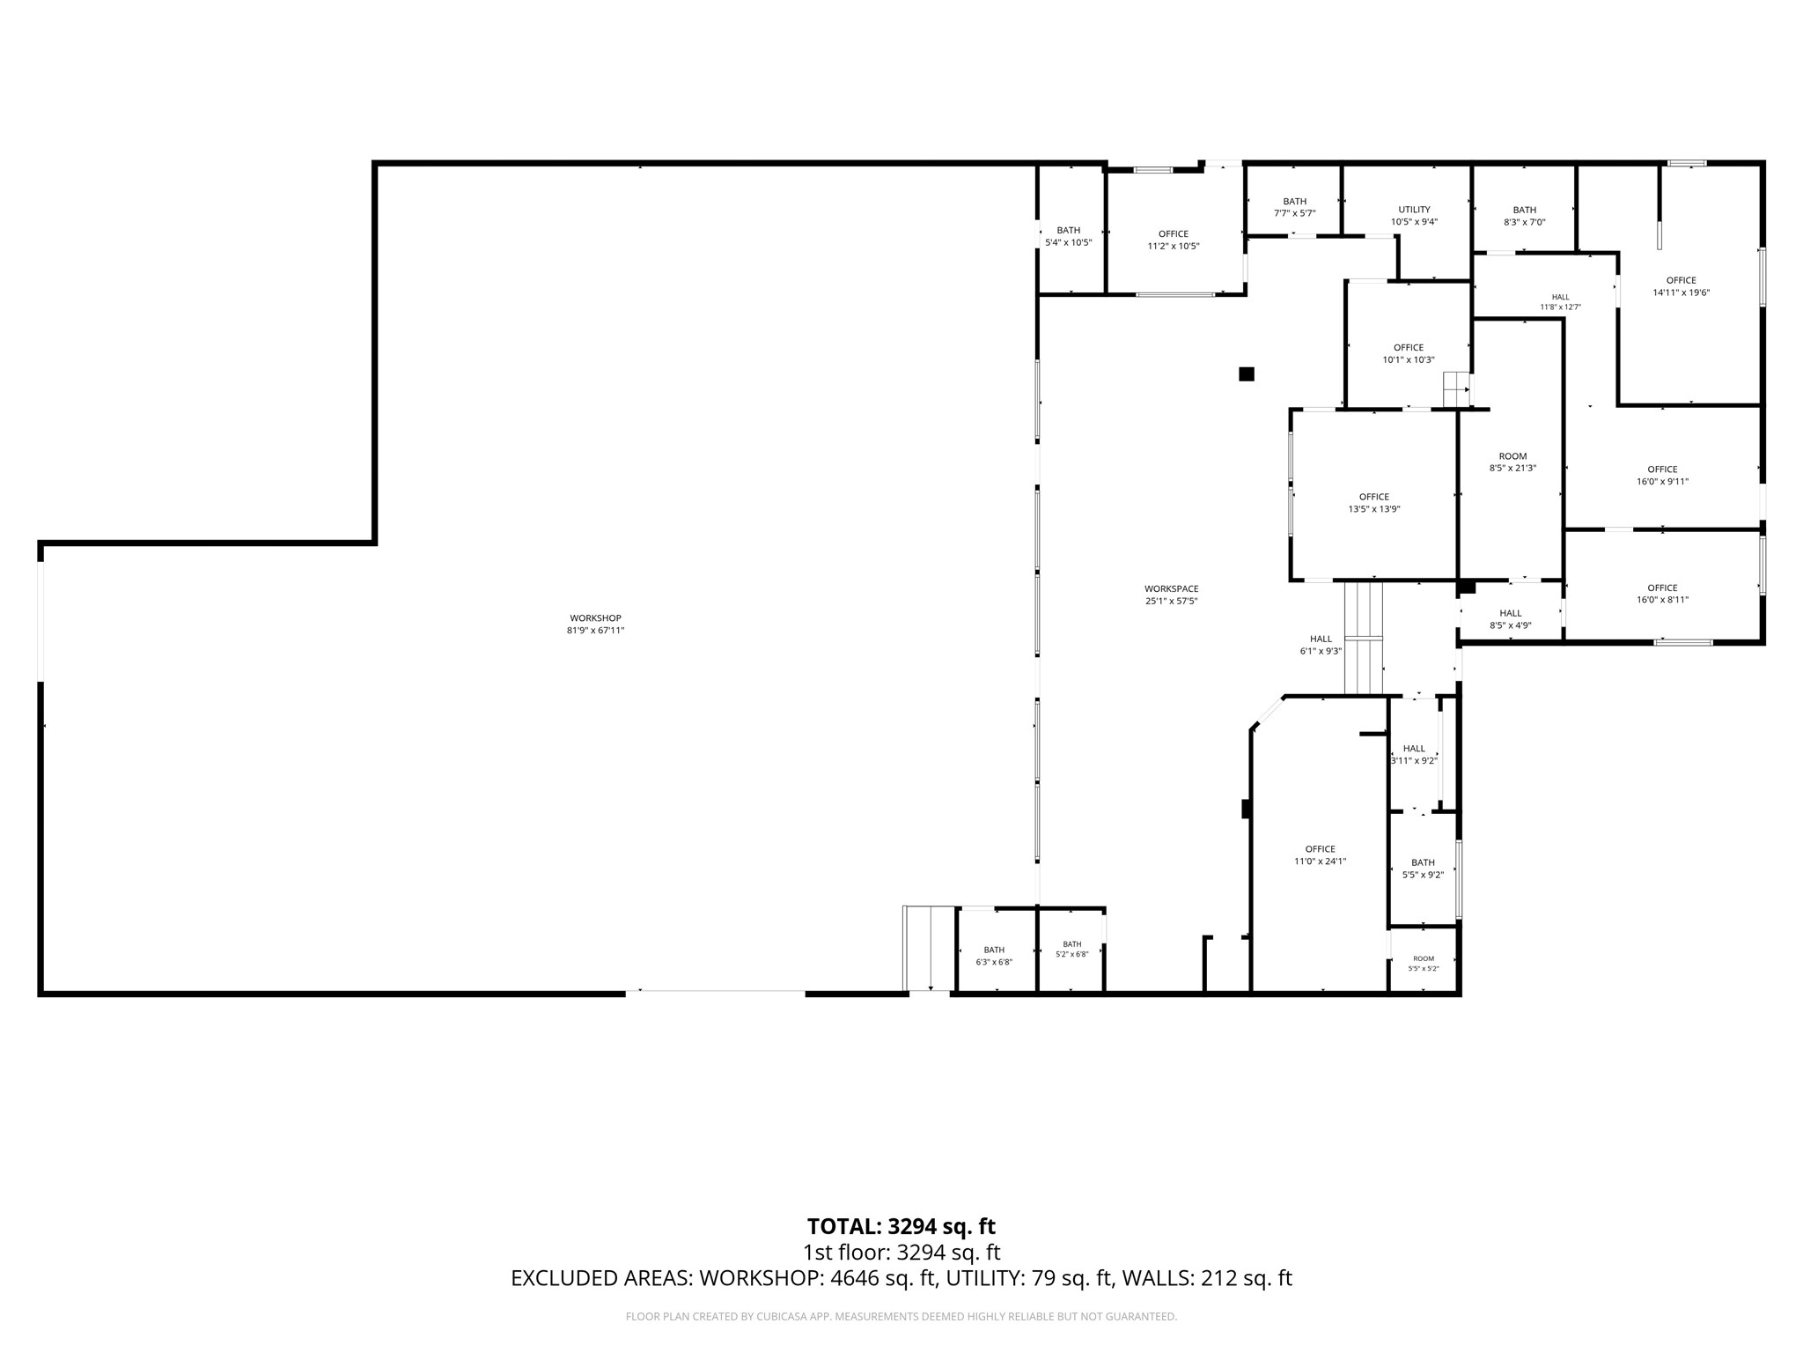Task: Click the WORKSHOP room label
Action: pyautogui.click(x=595, y=618)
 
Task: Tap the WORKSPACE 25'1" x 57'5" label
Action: pyautogui.click(x=1171, y=595)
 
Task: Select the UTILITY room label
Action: pyautogui.click(x=1414, y=210)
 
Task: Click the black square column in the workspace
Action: pyautogui.click(x=1246, y=374)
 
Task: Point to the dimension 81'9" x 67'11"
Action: pyautogui.click(x=595, y=631)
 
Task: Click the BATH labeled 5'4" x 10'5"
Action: pyautogui.click(x=1068, y=236)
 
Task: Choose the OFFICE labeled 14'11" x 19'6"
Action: pyautogui.click(x=1681, y=286)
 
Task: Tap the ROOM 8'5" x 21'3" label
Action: pyautogui.click(x=1512, y=462)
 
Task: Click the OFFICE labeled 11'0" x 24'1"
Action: pyautogui.click(x=1320, y=855)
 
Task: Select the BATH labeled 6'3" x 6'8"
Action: pyautogui.click(x=994, y=956)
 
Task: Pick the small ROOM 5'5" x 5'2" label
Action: pyautogui.click(x=1423, y=964)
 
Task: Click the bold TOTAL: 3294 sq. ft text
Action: pyautogui.click(x=901, y=1226)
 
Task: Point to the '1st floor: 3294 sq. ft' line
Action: pyautogui.click(x=901, y=1252)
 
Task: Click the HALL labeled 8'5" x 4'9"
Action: pyautogui.click(x=1510, y=619)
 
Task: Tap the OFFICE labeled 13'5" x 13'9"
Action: pyautogui.click(x=1373, y=503)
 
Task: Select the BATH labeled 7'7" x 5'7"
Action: pyautogui.click(x=1294, y=207)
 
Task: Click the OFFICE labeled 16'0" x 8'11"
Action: pyautogui.click(x=1662, y=594)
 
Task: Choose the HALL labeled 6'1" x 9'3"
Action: pyautogui.click(x=1321, y=645)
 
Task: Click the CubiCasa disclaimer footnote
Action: pyautogui.click(x=901, y=1316)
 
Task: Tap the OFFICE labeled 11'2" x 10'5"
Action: pyautogui.click(x=1173, y=240)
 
